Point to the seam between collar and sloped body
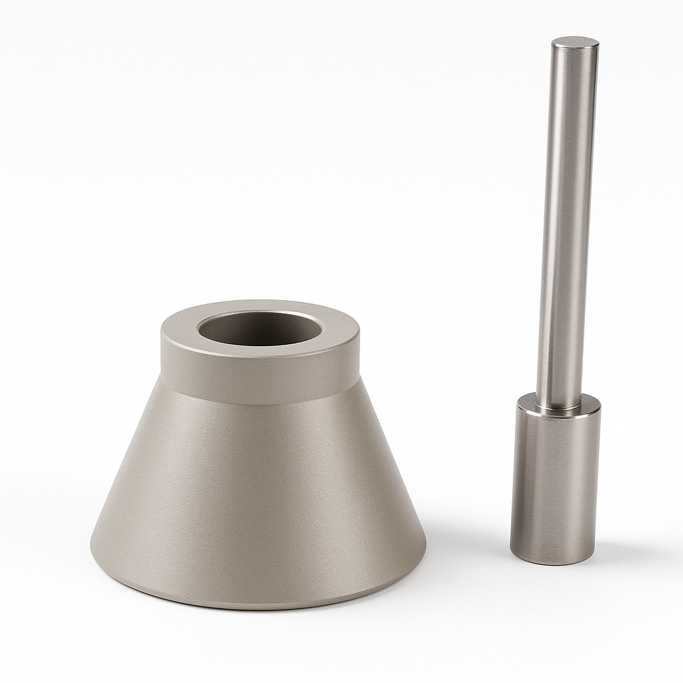click(x=260, y=404)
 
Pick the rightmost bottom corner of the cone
click(x=425, y=557)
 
